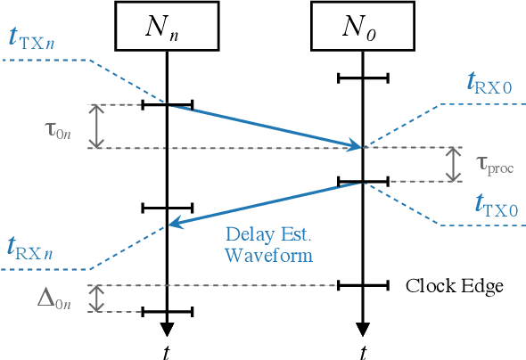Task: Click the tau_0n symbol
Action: coord(61,127)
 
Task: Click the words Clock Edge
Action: coord(455,286)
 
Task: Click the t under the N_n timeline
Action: coord(167,348)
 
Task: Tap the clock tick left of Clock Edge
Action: coord(363,286)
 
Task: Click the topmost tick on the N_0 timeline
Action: coord(363,78)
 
